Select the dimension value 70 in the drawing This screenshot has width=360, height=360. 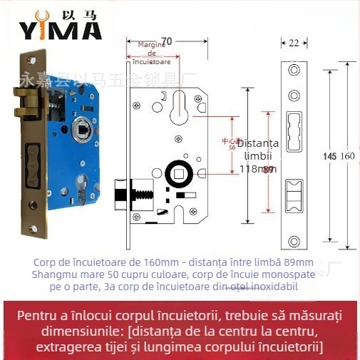(x=168, y=41)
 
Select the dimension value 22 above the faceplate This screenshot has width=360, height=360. (x=294, y=43)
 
